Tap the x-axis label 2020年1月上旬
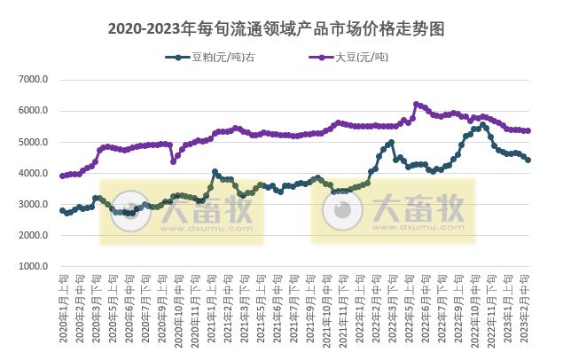pyautogui.click(x=63, y=306)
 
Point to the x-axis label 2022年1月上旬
pyautogui.click(x=361, y=306)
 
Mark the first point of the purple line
pyautogui.click(x=62, y=176)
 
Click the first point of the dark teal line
pyautogui.click(x=62, y=210)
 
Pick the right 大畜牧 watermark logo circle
pyautogui.click(x=340, y=210)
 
